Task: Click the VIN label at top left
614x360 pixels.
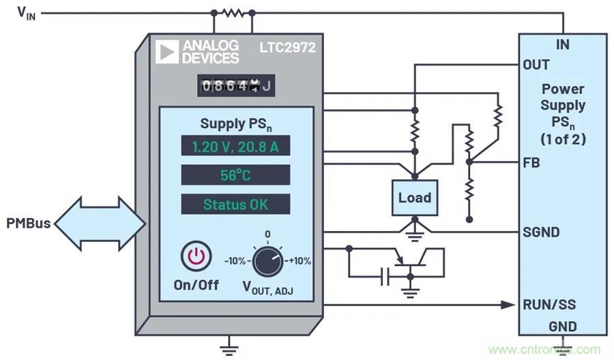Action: coord(25,14)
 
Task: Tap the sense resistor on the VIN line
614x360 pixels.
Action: coord(233,12)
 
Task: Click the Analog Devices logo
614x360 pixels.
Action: coord(197,51)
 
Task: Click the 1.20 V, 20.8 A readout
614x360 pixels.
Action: coord(235,147)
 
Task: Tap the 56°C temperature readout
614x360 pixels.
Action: coord(235,175)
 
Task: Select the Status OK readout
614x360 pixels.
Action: coord(235,204)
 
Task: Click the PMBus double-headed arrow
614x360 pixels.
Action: coord(100,223)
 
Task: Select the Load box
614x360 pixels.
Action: coord(414,198)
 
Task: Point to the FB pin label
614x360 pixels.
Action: coord(532,162)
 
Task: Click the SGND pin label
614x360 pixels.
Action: coord(541,232)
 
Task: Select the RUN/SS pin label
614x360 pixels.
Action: coord(546,304)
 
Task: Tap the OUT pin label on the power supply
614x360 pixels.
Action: coord(536,65)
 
